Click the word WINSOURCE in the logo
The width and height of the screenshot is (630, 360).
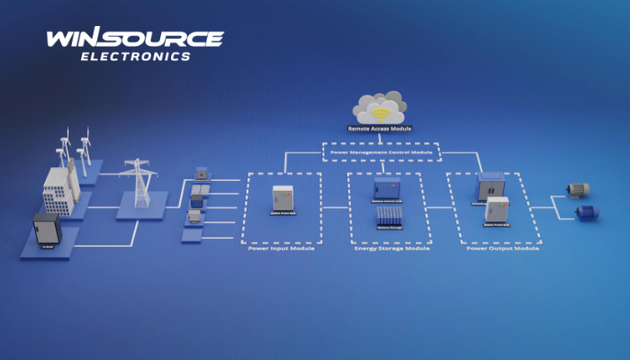135,39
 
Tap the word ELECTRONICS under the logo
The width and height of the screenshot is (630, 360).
136,56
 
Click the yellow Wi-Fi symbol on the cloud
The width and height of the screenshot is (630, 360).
381,114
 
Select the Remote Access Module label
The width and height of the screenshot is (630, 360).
380,130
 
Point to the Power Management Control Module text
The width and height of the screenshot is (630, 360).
380,152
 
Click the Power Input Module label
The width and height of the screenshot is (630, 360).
282,247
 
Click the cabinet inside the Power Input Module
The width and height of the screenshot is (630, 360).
283,202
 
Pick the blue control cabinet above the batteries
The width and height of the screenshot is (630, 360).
386,188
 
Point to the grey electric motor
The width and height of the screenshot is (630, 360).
576,189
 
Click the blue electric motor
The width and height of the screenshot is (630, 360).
586,213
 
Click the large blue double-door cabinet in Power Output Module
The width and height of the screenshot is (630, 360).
492,186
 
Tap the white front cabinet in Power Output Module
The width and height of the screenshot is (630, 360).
498,211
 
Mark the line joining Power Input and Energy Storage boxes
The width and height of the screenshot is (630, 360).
335,207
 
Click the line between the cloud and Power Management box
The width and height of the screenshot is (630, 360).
380,138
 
